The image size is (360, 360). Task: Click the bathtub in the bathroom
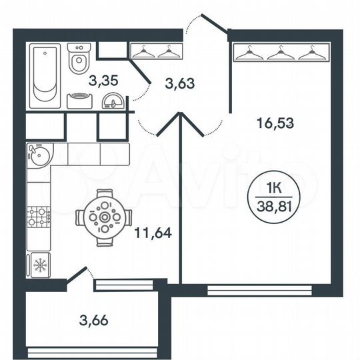(x=45, y=74)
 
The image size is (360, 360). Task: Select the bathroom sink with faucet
(x=111, y=102)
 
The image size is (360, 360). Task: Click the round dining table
(x=104, y=217)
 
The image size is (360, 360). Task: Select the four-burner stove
(x=39, y=215)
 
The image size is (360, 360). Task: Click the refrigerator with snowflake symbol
(x=40, y=265)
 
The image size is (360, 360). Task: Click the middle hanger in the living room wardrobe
(x=281, y=52)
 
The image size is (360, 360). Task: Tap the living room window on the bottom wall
(x=259, y=289)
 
